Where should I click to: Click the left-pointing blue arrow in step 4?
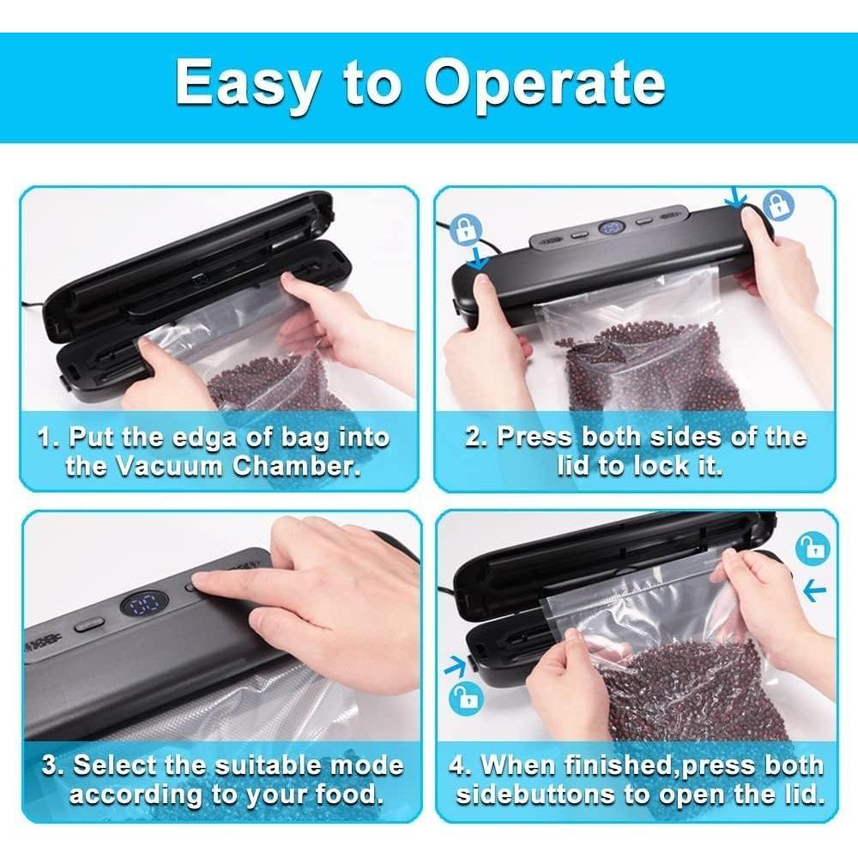click(814, 589)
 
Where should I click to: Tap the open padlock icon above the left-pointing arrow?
click(812, 548)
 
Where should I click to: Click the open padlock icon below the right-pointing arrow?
click(466, 698)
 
